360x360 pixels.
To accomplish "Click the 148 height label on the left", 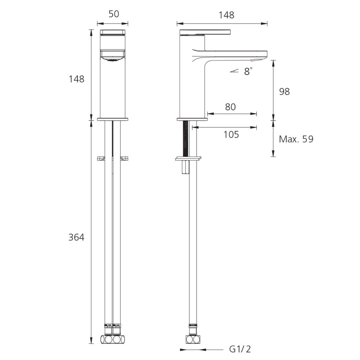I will (x=77, y=79).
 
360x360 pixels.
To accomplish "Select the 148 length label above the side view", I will (x=226, y=15).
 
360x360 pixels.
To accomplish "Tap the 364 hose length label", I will (x=77, y=237).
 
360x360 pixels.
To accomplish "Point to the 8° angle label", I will (x=248, y=71).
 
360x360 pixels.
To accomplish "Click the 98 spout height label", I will (x=284, y=92).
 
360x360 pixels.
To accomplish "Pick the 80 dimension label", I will (x=230, y=107).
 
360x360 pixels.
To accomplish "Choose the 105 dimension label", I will (x=231, y=134).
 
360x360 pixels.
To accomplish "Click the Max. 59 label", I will (x=296, y=139).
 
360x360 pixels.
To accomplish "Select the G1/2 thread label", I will (x=240, y=349).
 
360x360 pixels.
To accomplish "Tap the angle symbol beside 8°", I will (x=234, y=71).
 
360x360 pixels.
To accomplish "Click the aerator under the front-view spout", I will (x=112, y=60).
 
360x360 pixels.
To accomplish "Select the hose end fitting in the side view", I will (x=193, y=339).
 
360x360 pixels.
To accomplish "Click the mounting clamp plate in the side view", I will (x=188, y=159).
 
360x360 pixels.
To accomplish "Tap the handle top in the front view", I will (x=112, y=32).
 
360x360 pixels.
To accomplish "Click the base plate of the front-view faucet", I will (x=112, y=120).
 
